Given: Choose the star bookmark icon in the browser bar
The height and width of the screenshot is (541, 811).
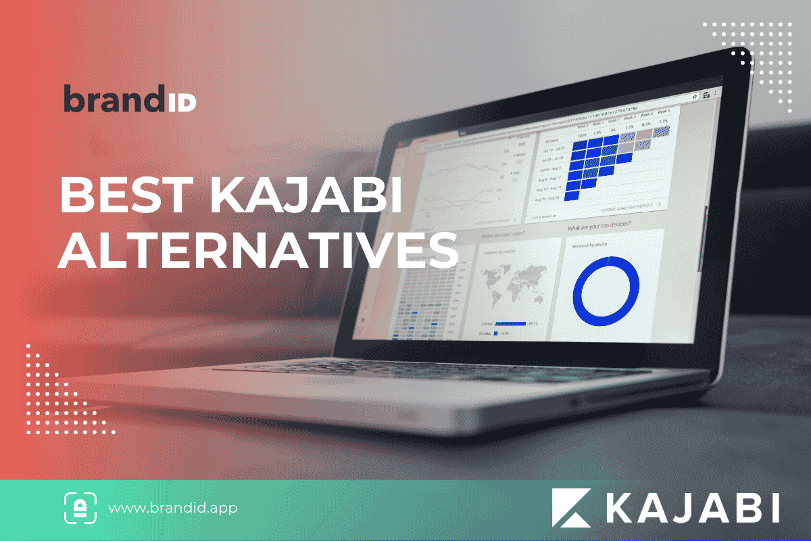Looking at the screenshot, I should coord(694,96).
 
